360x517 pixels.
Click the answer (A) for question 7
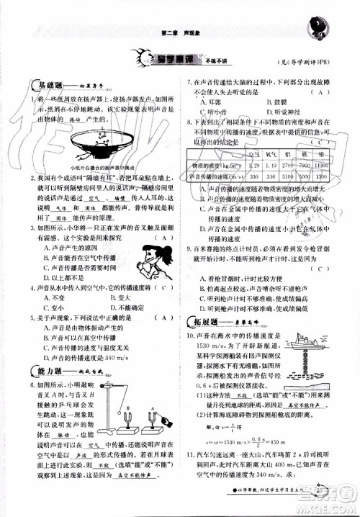[x=316, y=92]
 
